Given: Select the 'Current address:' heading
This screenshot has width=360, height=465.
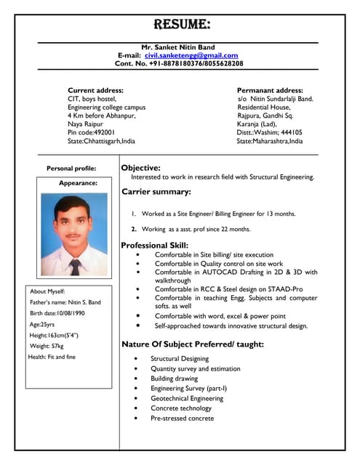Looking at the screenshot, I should click(x=95, y=90).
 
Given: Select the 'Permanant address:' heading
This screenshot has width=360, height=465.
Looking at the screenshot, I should click(x=270, y=90).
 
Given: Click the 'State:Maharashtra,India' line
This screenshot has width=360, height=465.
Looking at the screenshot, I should click(x=270, y=141).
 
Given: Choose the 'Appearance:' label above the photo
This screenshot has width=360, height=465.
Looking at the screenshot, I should click(x=78, y=183).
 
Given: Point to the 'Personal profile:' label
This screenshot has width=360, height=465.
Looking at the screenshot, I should click(x=71, y=169).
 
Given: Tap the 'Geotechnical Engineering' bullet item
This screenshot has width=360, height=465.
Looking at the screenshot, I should click(x=186, y=399).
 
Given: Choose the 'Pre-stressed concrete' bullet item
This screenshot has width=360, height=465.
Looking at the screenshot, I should click(x=182, y=418).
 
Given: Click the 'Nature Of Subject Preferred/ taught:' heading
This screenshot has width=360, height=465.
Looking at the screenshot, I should click(x=192, y=344).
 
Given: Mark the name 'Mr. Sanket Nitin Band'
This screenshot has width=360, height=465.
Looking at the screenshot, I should click(x=177, y=46).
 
